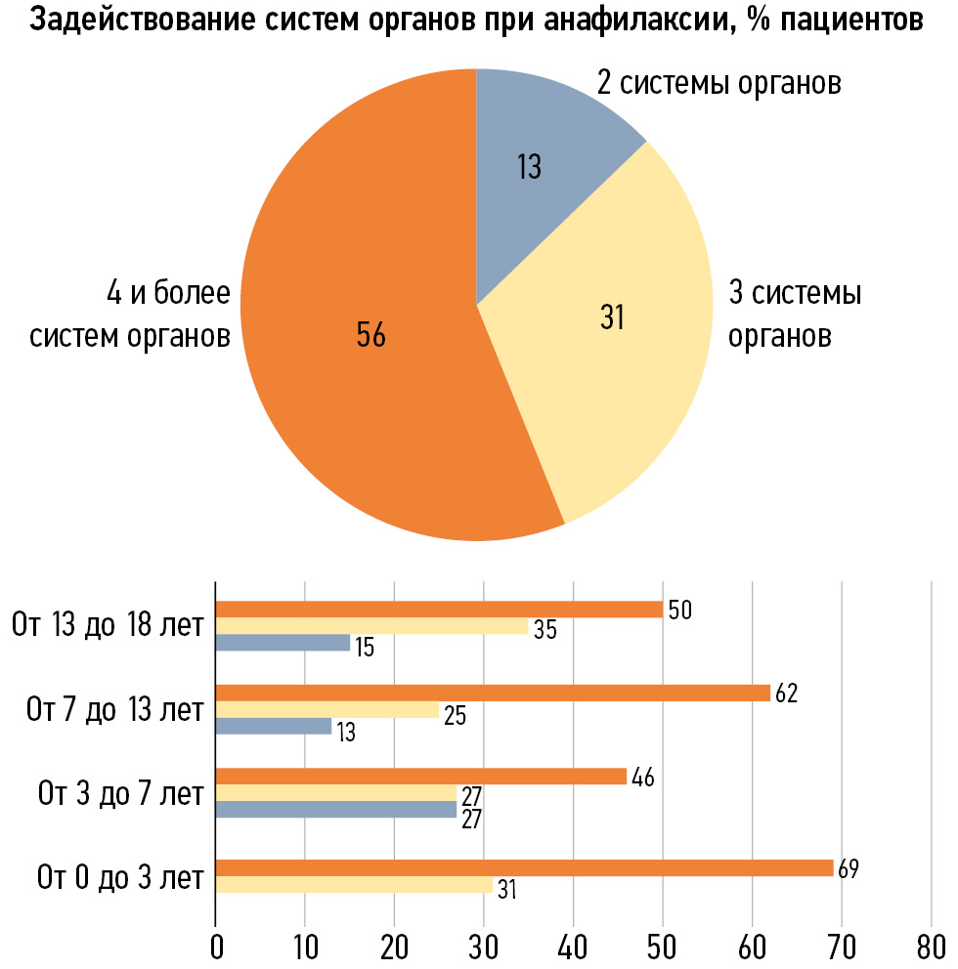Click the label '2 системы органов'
pos(719,83)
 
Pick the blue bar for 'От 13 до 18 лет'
pos(283,643)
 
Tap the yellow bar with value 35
pos(371,626)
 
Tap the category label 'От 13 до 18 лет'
pos(108,624)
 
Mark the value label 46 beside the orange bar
pos(642,779)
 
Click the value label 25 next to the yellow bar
pos(455,716)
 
